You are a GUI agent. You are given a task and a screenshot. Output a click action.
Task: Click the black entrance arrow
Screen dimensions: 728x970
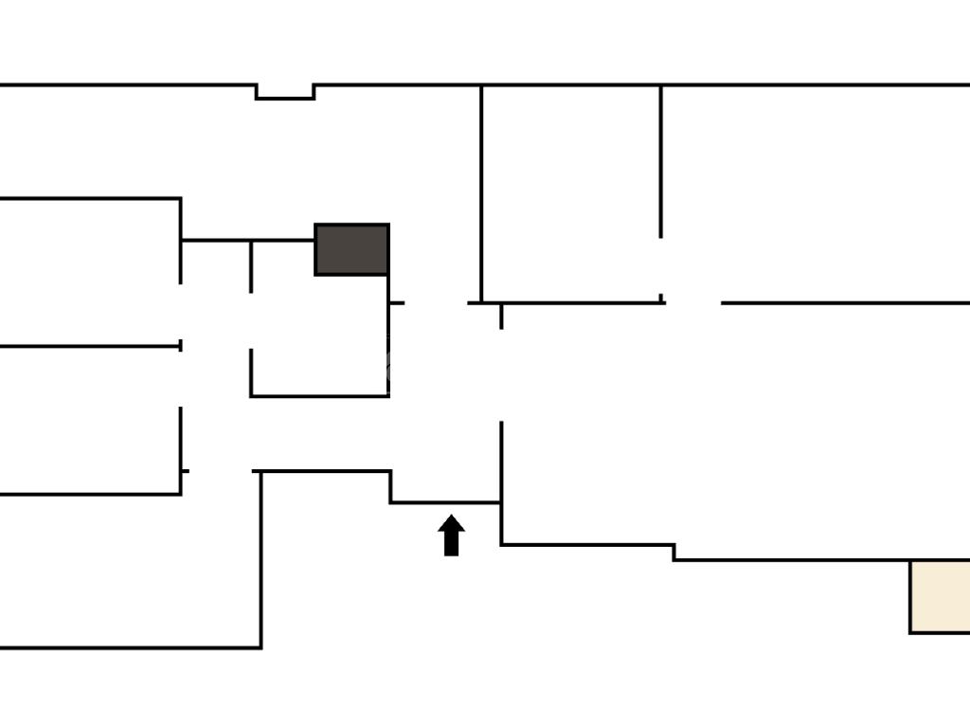pos(451,536)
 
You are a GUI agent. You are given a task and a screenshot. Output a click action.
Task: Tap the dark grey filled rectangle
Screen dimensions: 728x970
pos(351,249)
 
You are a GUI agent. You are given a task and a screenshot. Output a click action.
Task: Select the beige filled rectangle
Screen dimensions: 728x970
pos(939,596)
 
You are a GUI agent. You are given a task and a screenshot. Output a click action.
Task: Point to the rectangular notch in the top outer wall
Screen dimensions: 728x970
pos(285,91)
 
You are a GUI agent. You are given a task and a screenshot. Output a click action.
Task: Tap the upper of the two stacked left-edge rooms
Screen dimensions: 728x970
pos(90,272)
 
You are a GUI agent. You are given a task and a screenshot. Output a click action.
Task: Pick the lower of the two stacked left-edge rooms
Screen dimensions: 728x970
pos(90,420)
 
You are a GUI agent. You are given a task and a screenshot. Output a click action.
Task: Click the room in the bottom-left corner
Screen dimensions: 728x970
pos(128,569)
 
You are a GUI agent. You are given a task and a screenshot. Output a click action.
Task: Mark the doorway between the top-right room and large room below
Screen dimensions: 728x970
pos(692,303)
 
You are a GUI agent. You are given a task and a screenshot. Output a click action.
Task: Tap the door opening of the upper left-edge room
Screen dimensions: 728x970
pos(181,313)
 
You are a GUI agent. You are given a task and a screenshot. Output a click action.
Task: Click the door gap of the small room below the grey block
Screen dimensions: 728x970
pos(251,321)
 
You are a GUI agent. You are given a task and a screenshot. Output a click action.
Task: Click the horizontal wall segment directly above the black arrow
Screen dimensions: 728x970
pos(445,502)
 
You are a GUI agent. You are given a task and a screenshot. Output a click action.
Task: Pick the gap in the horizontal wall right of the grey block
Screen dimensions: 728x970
pos(436,303)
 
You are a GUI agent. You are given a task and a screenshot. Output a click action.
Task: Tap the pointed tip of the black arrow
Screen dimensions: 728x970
pos(451,517)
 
